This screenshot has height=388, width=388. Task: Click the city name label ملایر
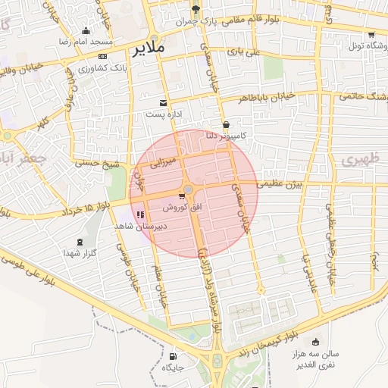tap(149, 50)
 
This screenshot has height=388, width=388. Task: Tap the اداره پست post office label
tap(166, 114)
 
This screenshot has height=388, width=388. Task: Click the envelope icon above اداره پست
tap(164, 102)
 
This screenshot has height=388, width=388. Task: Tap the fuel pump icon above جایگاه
tap(174, 356)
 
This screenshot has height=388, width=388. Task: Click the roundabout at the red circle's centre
tap(189, 189)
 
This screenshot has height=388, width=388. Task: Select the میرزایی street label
tap(161, 161)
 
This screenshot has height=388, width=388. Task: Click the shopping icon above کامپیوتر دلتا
tap(226, 125)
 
